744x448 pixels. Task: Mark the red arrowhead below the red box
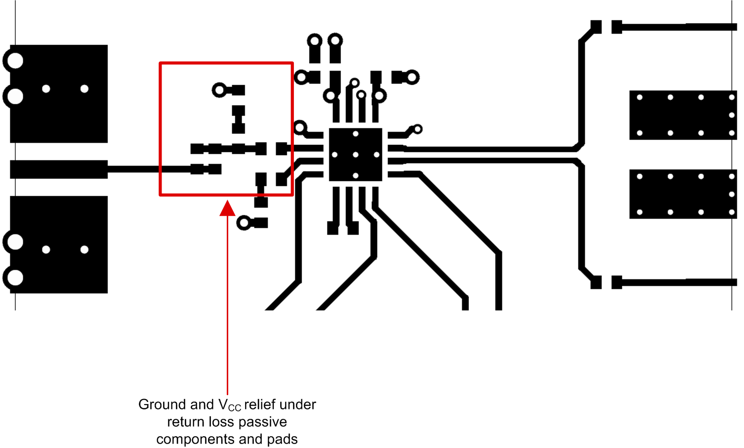click(227, 208)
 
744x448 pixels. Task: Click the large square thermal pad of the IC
click(355, 155)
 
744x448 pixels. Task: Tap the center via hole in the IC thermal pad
click(356, 155)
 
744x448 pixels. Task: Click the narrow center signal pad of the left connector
click(59, 169)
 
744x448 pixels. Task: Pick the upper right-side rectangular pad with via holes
click(683, 115)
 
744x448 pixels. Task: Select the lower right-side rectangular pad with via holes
click(683, 194)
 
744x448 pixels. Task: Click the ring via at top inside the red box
click(219, 90)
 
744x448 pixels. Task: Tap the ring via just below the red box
click(244, 223)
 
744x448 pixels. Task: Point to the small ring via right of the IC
click(417, 129)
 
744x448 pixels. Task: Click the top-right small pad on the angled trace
click(596, 27)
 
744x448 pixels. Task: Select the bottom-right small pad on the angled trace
click(596, 282)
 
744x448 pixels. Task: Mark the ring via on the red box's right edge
click(300, 128)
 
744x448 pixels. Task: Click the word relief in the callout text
click(260, 404)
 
